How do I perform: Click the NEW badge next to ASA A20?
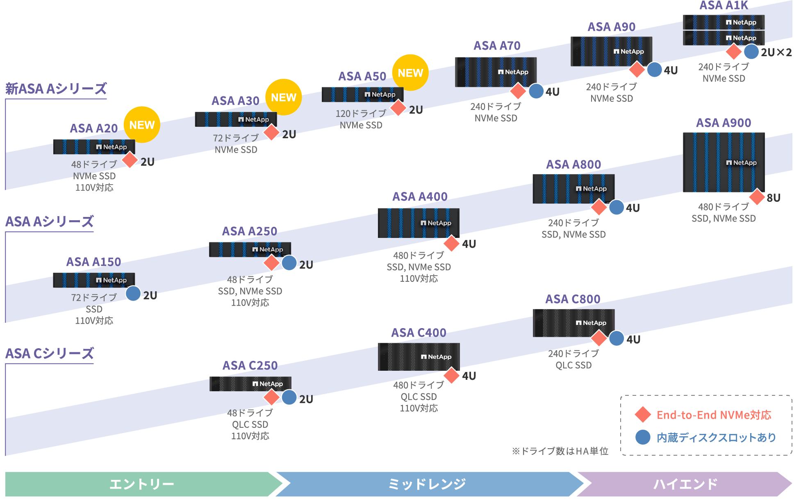(x=142, y=125)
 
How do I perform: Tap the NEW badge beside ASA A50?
(x=410, y=73)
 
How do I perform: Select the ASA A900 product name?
(x=724, y=123)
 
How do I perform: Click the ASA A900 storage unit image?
(x=724, y=162)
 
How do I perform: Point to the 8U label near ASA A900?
(x=774, y=198)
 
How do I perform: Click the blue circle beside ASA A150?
(x=133, y=293)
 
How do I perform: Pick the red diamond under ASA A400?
(x=451, y=243)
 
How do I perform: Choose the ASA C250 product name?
(x=250, y=365)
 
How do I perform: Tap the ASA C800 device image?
(x=573, y=323)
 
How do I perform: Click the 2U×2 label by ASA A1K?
(x=776, y=52)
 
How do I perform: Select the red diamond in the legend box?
(x=643, y=415)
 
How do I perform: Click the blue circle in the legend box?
(x=643, y=437)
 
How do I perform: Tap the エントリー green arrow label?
(x=142, y=484)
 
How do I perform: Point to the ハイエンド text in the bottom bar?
(x=685, y=484)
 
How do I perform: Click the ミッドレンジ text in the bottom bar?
(x=427, y=484)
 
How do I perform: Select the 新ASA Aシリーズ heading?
(x=56, y=89)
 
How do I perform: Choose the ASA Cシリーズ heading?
(x=50, y=353)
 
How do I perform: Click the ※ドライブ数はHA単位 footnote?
(x=560, y=451)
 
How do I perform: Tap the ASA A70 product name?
(x=497, y=46)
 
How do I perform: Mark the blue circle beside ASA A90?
(x=654, y=69)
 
